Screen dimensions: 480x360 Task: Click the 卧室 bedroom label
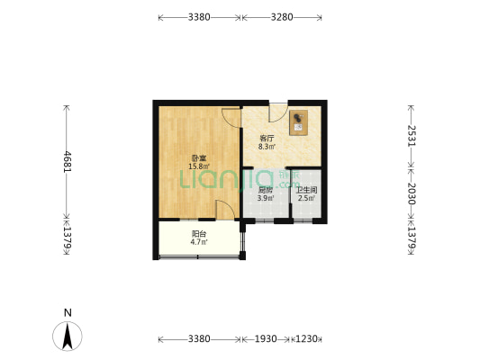click(199, 158)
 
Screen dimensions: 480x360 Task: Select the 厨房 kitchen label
click(266, 190)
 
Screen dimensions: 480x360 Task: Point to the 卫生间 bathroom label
click(306, 190)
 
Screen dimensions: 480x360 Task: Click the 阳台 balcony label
click(199, 234)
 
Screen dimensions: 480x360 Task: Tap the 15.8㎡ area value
click(199, 166)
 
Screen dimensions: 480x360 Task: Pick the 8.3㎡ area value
click(267, 147)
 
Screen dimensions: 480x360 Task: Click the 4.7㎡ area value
click(199, 242)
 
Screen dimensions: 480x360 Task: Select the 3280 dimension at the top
click(282, 17)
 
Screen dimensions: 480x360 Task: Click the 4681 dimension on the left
click(67, 161)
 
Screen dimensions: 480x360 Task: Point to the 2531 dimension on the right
click(412, 136)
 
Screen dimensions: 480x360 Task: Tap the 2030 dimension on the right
click(412, 193)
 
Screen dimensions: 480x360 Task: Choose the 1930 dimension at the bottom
click(266, 339)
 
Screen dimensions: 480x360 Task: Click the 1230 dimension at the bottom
click(306, 339)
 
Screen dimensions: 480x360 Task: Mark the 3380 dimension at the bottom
click(199, 339)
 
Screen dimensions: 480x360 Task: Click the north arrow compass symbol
click(68, 337)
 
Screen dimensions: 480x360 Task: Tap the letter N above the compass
click(68, 313)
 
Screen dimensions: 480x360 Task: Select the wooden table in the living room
click(298, 122)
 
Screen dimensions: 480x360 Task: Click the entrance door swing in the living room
click(277, 113)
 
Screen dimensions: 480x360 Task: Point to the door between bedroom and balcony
click(225, 210)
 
